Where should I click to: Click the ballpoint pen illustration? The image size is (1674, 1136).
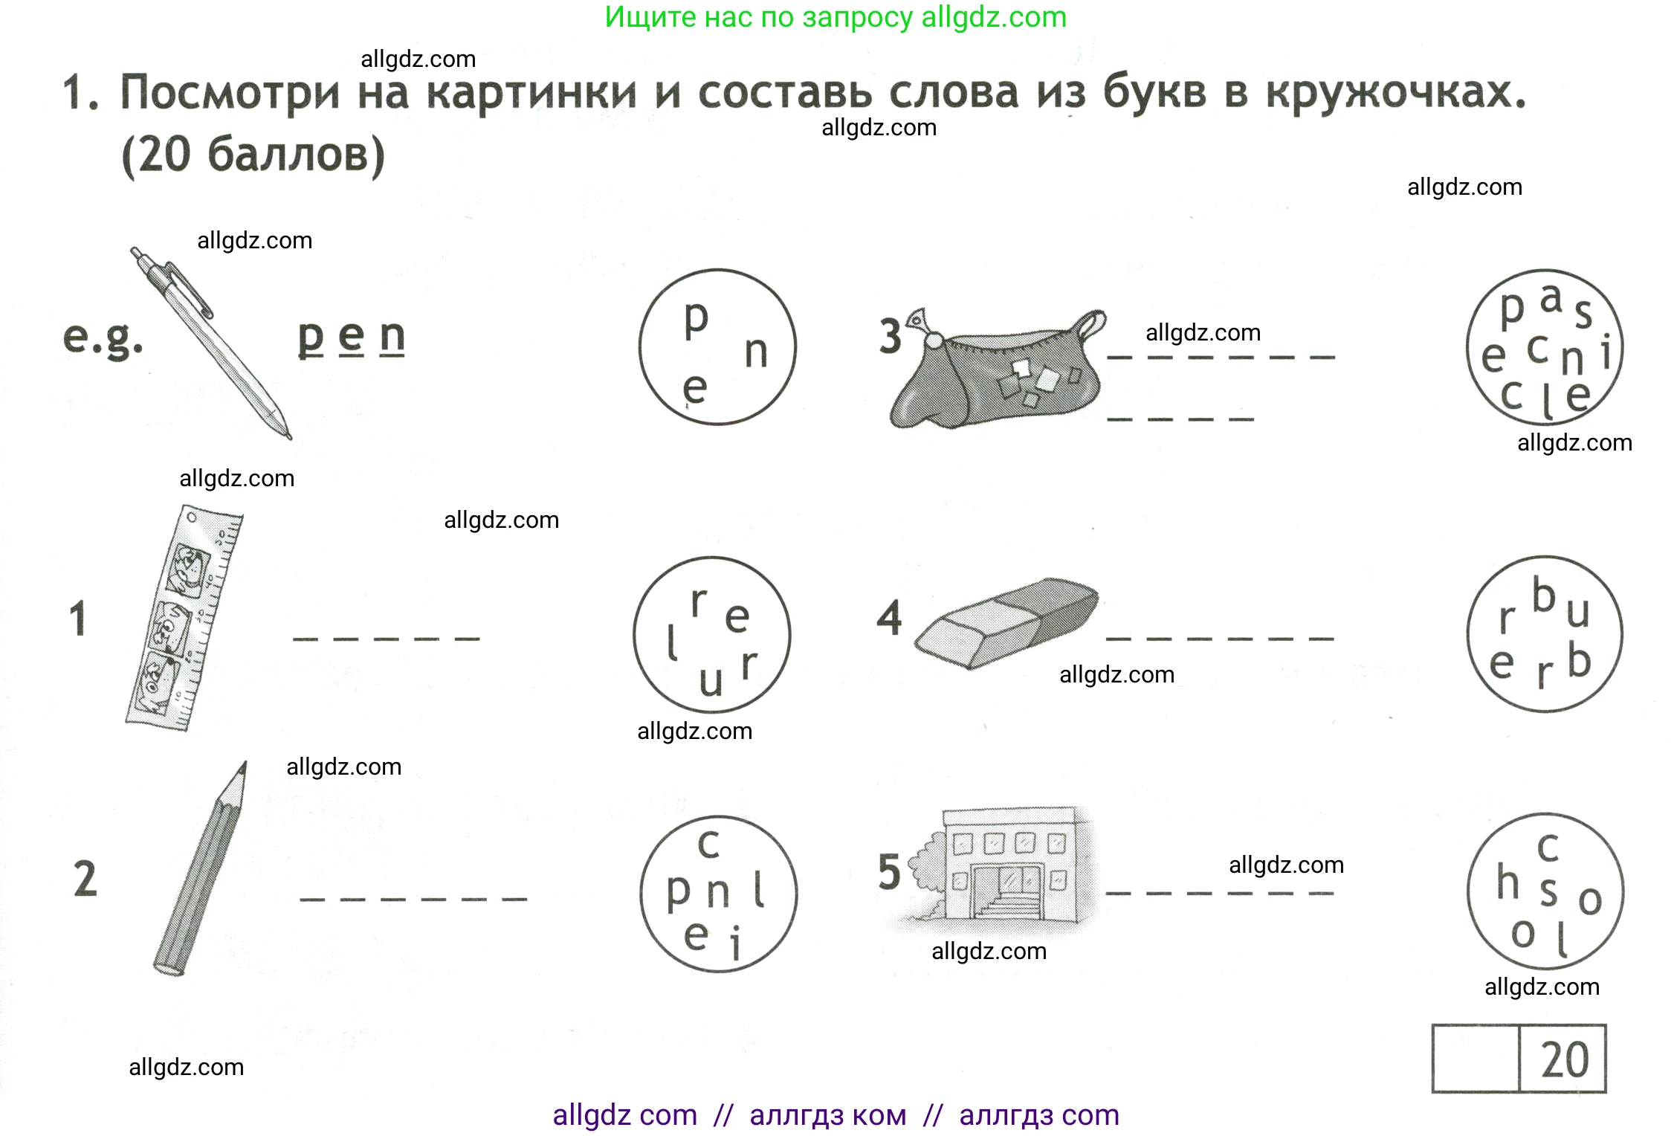click(210, 342)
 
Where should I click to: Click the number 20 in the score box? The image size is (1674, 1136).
click(1564, 1059)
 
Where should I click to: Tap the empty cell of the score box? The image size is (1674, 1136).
click(1475, 1059)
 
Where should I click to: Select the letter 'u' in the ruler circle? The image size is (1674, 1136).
click(711, 681)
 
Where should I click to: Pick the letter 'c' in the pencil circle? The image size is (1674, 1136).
click(708, 845)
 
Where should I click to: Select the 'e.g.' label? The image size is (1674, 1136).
click(103, 339)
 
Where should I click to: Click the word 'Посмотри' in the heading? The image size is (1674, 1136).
click(230, 94)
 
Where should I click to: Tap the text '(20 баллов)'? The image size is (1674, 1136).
click(253, 155)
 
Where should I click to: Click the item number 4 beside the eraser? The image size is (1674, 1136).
click(889, 618)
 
